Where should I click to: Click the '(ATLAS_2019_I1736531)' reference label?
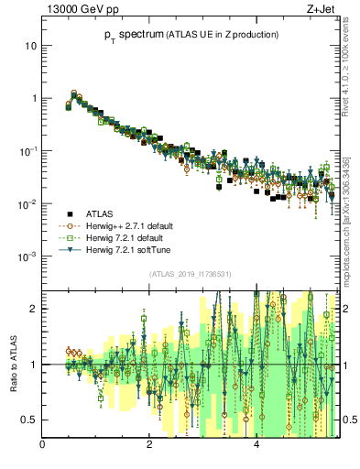point(190,273)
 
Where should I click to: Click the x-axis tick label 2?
point(149,444)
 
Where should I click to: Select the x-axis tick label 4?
point(256,444)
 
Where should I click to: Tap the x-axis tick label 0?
point(43,444)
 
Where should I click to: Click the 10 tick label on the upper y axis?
point(30,45)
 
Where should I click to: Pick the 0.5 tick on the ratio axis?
point(29,420)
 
